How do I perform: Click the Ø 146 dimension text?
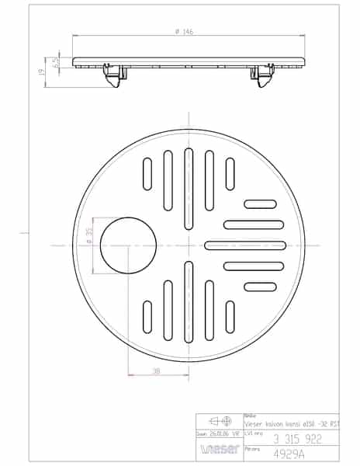pos(186,31)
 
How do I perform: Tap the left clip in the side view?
pos(113,74)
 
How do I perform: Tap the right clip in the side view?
pos(261,74)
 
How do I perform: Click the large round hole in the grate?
pos(128,245)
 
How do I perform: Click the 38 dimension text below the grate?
pos(157,372)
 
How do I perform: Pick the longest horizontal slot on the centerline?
pos(245,245)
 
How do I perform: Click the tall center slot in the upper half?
pos(189,189)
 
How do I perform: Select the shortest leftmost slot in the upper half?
pos(147,174)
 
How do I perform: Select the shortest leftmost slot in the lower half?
pos(147,317)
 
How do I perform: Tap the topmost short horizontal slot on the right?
pos(260,204)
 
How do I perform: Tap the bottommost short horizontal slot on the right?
pos(260,287)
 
